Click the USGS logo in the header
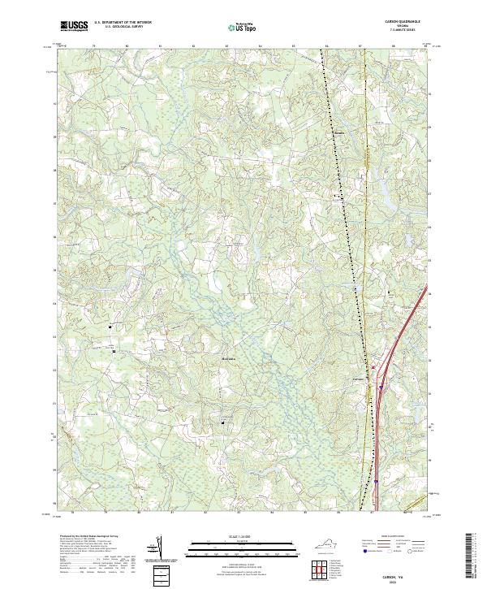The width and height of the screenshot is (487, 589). coord(72,27)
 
